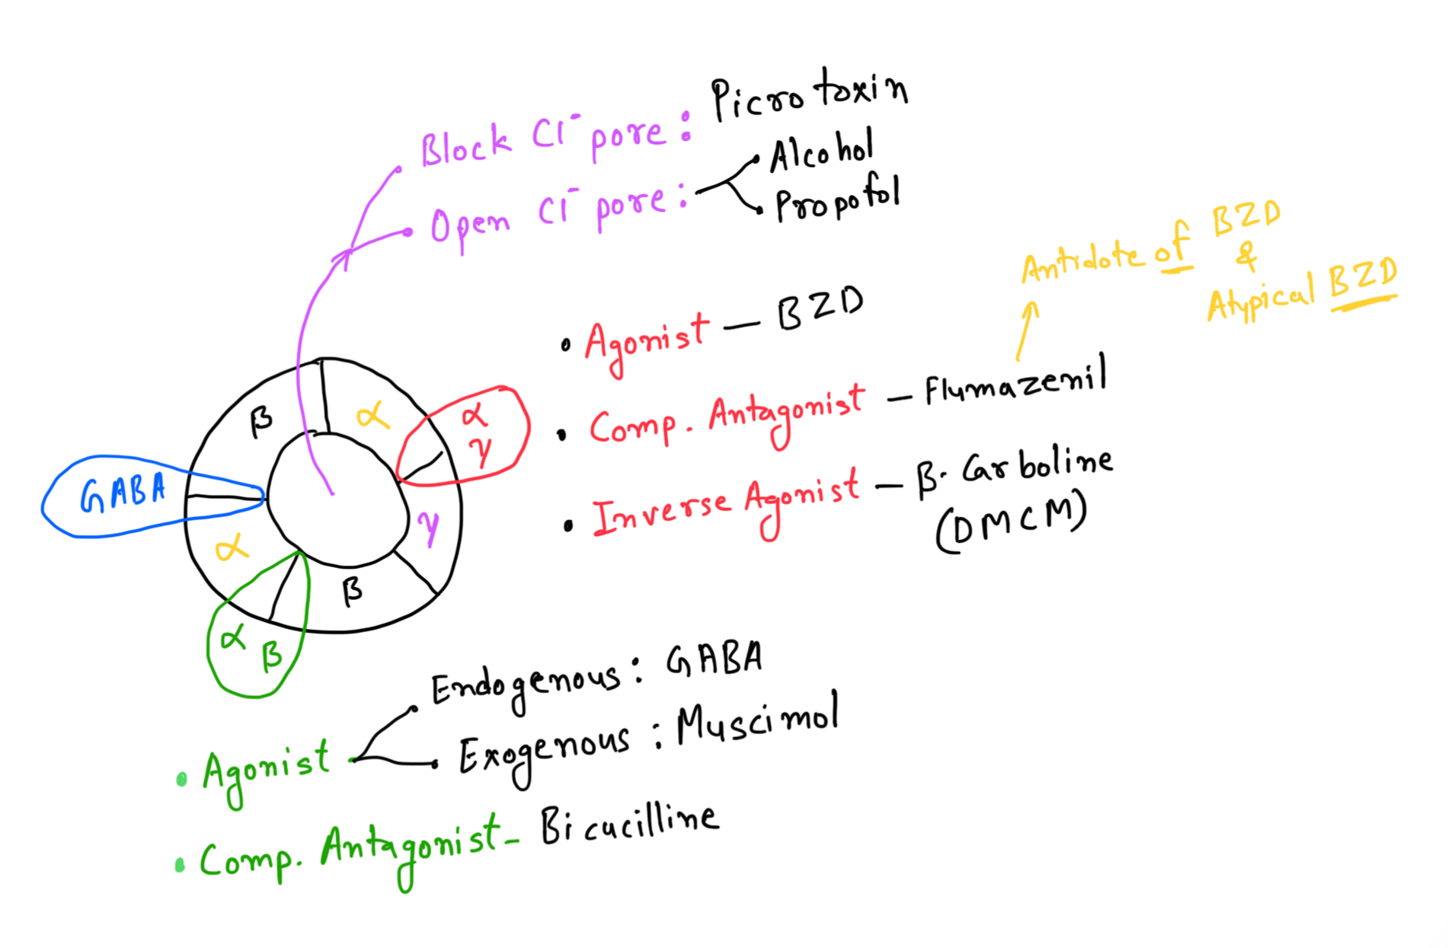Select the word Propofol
coord(837,199)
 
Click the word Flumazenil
coord(1015,383)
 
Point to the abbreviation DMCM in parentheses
coord(1012,525)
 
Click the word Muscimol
coord(757,721)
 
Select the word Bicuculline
coord(629,825)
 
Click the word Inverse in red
coord(660,512)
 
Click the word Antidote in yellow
coord(1082,261)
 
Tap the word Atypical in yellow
coord(1261,298)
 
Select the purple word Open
coord(469,225)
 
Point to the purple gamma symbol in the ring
coord(429,525)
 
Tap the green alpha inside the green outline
coord(232,637)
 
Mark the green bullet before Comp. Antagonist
coord(181,865)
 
